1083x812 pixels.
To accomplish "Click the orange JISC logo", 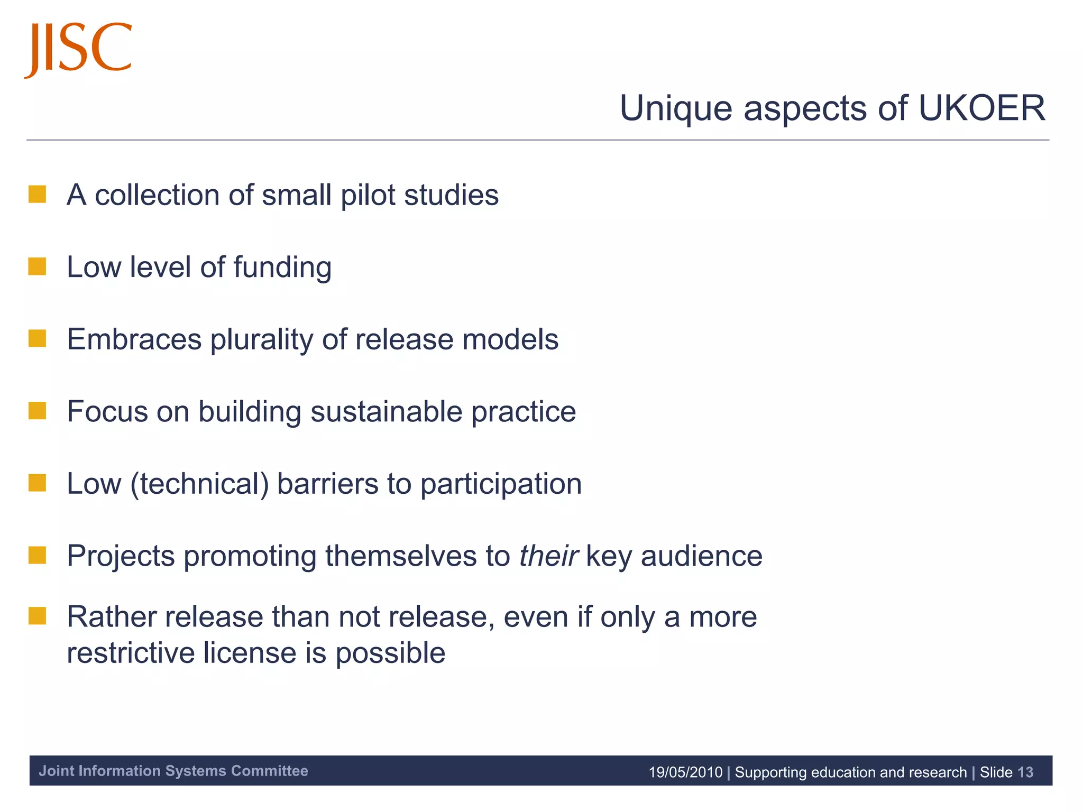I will pos(78,49).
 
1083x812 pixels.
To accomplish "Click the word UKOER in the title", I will pos(981,108).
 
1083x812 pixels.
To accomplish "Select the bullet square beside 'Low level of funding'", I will pos(38,267).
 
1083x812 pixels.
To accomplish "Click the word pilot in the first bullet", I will pos(368,195).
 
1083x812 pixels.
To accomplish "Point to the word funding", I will pos(282,267).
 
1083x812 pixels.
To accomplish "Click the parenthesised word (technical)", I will pos(200,484).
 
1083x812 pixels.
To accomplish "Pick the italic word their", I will pos(548,556).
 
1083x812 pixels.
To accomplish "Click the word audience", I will pos(702,556).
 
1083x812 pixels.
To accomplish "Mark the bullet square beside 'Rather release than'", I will pos(38,616).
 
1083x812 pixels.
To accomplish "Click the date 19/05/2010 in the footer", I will pos(685,772).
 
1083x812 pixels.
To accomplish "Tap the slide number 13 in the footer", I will pos(1025,772).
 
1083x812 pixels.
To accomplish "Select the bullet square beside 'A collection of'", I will pos(38,195).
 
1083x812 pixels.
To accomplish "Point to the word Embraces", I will pos(134,339).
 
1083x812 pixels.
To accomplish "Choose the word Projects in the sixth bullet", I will pos(121,557).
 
